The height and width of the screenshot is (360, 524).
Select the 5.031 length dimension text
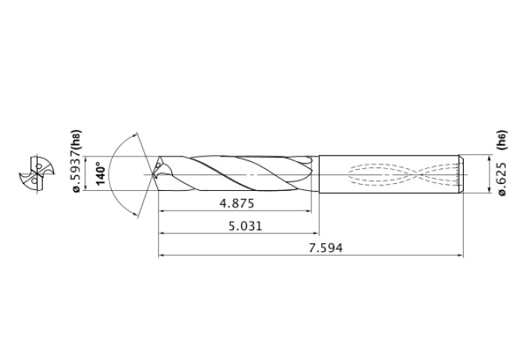[x=239, y=225]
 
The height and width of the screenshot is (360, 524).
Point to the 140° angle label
[x=100, y=172]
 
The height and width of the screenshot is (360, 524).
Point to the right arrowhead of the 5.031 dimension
[x=315, y=233]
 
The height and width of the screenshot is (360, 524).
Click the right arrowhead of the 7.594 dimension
[x=459, y=255]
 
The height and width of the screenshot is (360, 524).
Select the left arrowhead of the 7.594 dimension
[x=163, y=255]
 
